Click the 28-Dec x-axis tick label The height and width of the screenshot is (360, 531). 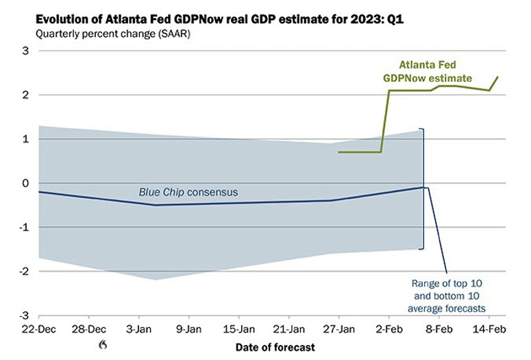pos(88,328)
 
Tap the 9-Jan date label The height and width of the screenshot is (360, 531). pos(189,328)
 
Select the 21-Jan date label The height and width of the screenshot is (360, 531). pos(289,328)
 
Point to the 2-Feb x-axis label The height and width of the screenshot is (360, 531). pos(389,328)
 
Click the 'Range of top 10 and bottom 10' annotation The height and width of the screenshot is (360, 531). pos(448,296)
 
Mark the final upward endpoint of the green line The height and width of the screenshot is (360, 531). pos(497,77)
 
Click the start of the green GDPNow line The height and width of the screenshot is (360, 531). pos(339,152)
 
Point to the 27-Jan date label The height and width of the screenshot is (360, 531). pos(339,328)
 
